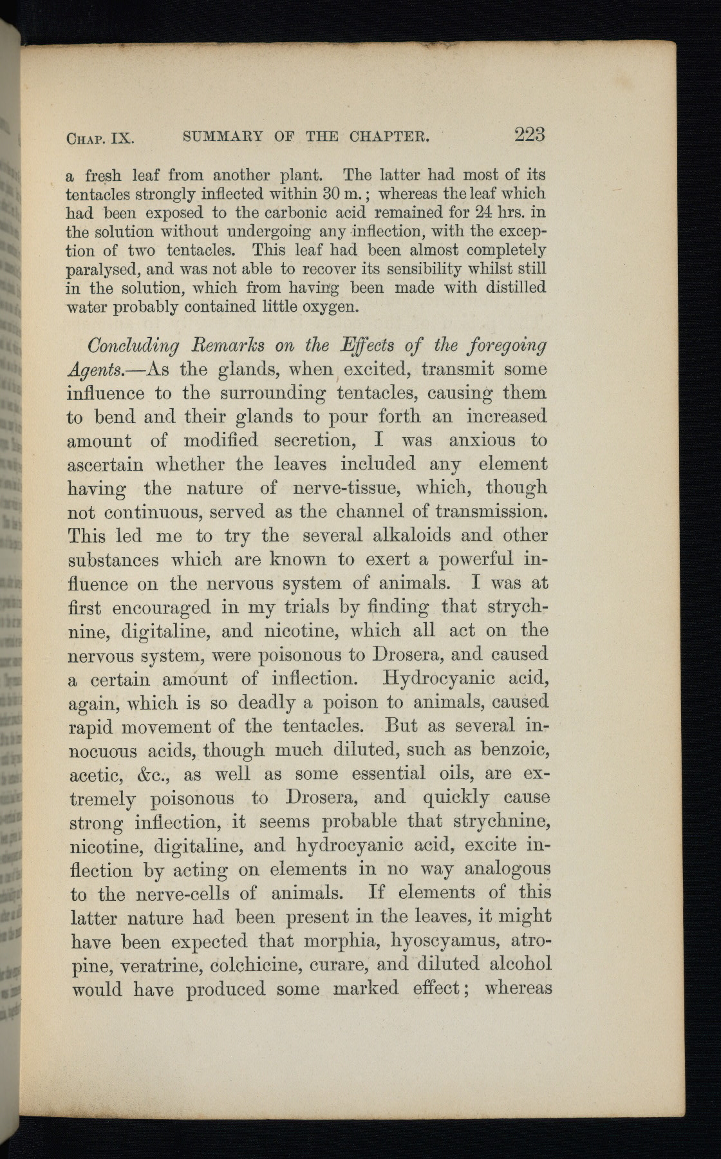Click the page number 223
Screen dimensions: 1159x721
point(529,135)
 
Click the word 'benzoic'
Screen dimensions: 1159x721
point(516,750)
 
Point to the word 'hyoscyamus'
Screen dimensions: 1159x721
point(447,941)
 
